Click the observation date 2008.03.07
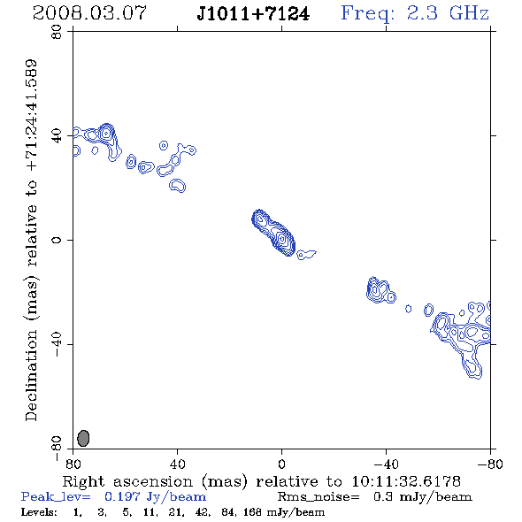point(89,13)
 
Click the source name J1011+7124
point(253,14)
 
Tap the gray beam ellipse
point(83,438)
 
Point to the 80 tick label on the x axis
point(73,464)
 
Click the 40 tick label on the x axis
point(177,464)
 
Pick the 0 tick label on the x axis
point(281,464)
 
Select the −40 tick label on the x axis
point(386,464)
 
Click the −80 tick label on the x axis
point(490,464)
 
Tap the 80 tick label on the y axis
point(57,32)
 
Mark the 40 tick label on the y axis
point(57,136)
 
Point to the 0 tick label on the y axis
point(57,240)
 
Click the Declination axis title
point(31,240)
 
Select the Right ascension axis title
point(261,481)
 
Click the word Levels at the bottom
point(39,512)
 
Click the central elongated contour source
point(273,233)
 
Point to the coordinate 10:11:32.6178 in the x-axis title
point(406,481)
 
